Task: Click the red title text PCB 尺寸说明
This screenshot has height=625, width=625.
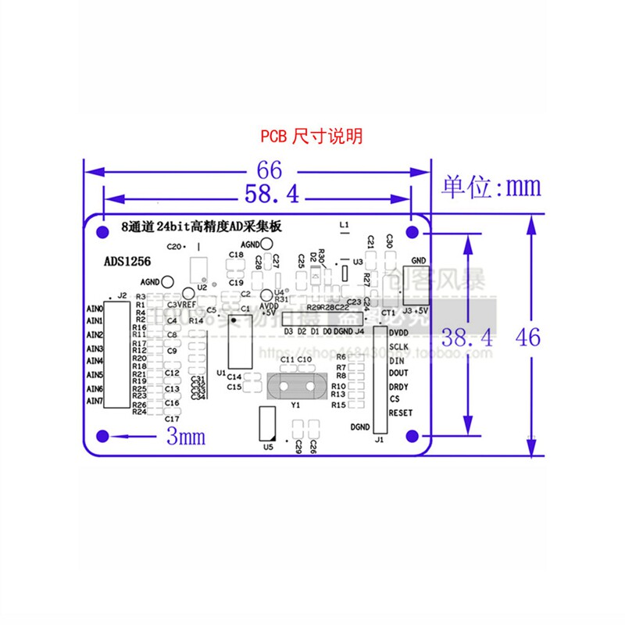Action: pos(311,136)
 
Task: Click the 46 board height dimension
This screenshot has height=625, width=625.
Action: pos(529,338)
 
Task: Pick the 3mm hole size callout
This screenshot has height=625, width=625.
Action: pos(186,437)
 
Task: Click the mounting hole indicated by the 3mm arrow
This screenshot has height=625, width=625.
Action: pos(102,436)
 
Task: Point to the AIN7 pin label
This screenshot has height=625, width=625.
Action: pos(95,402)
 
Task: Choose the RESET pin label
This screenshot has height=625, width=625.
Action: pos(401,413)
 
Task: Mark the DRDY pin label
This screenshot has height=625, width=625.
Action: pos(398,387)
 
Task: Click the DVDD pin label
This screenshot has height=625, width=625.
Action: pos(398,333)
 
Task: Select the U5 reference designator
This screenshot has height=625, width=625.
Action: pos(268,448)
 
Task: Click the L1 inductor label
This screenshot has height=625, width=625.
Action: pos(344,224)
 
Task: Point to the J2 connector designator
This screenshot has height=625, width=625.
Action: pos(120,296)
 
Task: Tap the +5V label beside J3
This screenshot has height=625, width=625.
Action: pos(421,311)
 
